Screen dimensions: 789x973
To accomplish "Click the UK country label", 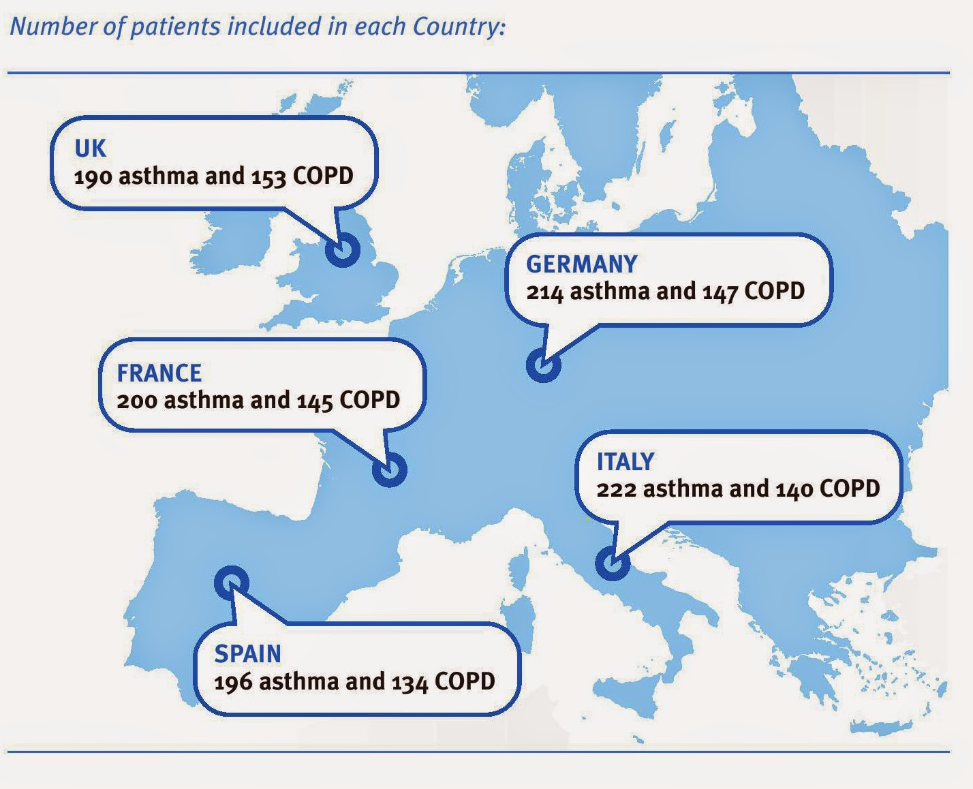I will point(91,149).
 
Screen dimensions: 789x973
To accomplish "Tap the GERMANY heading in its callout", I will point(582,264).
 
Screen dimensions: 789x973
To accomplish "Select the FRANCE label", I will point(159,373).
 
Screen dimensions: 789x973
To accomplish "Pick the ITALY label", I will point(625,462).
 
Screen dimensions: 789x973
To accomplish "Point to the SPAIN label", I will point(247,654).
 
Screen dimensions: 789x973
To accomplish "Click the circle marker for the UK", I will point(342,250).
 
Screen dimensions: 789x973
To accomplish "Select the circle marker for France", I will point(390,469).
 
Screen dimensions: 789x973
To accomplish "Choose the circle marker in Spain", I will point(232,583).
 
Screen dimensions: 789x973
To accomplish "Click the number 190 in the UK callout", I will point(93,176).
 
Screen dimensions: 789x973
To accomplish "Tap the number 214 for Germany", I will point(544,292).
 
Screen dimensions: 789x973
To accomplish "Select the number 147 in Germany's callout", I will point(720,292).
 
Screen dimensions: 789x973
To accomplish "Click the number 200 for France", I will point(136,401).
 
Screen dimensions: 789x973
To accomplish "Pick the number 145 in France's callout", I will point(315,401).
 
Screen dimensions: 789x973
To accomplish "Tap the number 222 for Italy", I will point(616,489).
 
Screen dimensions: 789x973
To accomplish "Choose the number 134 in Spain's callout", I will point(410,682).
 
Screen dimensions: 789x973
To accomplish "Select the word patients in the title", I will point(175,27).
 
